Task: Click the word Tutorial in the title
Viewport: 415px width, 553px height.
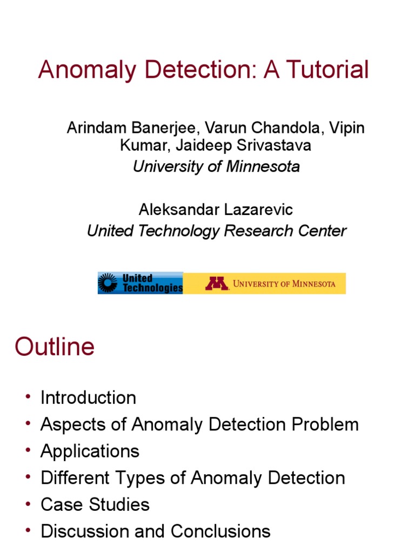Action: tap(329, 70)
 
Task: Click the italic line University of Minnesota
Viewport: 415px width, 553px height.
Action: tap(216, 166)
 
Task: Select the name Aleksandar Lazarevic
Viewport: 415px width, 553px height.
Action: tap(216, 210)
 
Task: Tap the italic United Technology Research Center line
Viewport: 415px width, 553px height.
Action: tap(216, 231)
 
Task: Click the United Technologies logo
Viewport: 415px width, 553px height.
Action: tap(140, 283)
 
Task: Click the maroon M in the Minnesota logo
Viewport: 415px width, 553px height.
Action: tap(216, 284)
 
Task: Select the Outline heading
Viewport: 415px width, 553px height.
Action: tap(55, 347)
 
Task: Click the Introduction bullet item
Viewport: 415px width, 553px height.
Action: tap(88, 398)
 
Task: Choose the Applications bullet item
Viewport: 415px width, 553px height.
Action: tap(90, 451)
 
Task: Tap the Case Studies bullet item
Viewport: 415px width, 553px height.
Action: tap(95, 504)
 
